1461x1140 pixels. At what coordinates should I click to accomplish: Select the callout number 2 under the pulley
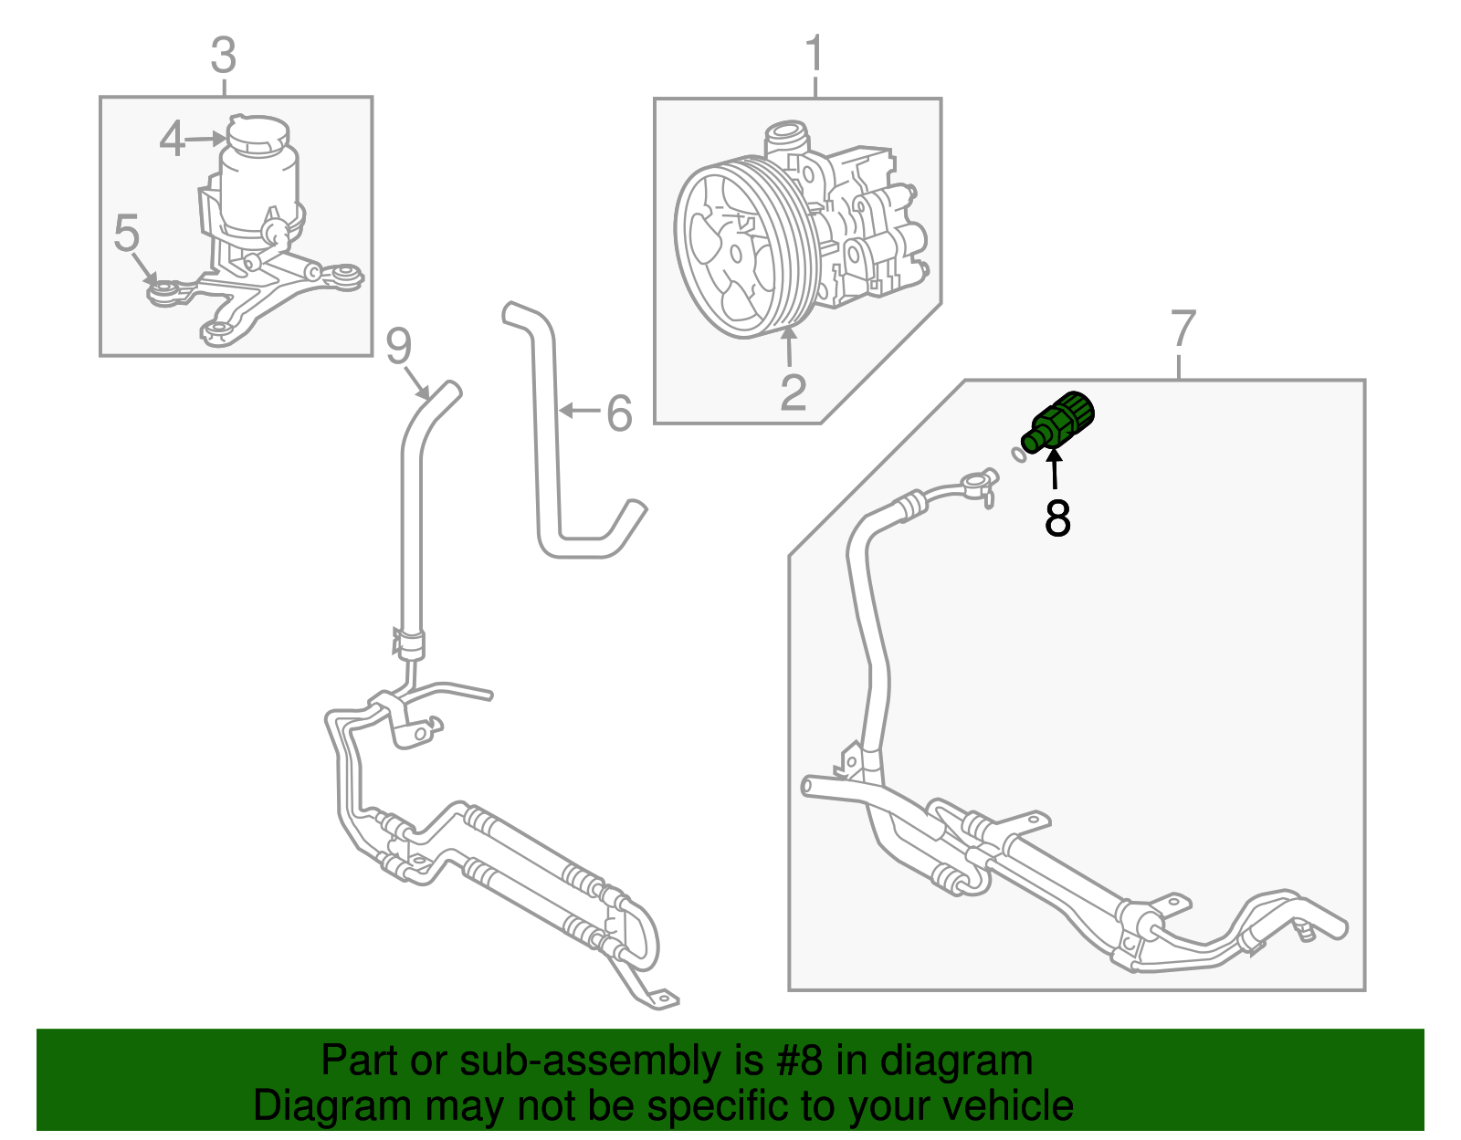pyautogui.click(x=793, y=392)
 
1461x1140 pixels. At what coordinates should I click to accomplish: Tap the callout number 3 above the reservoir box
pyautogui.click(x=224, y=57)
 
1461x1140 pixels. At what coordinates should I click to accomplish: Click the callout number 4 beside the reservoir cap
pyautogui.click(x=172, y=140)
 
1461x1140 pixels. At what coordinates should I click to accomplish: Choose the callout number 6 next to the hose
pyautogui.click(x=619, y=413)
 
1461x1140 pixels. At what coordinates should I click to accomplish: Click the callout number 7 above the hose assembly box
pyautogui.click(x=1182, y=329)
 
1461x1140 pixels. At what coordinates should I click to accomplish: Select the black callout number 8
pyautogui.click(x=1057, y=518)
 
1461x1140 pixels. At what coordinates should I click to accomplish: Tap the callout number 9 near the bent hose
pyautogui.click(x=399, y=346)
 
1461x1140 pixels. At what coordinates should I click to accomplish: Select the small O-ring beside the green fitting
pyautogui.click(x=1017, y=454)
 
